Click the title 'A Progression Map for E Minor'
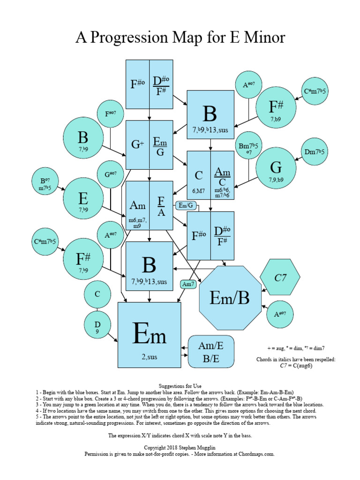(180, 37)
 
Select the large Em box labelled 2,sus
(150, 335)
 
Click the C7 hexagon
(280, 278)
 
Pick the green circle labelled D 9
(97, 326)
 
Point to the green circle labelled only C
(97, 294)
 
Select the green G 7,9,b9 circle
(276, 169)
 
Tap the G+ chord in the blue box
(137, 144)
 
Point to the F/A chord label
(161, 207)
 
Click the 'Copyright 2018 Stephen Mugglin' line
(180, 448)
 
